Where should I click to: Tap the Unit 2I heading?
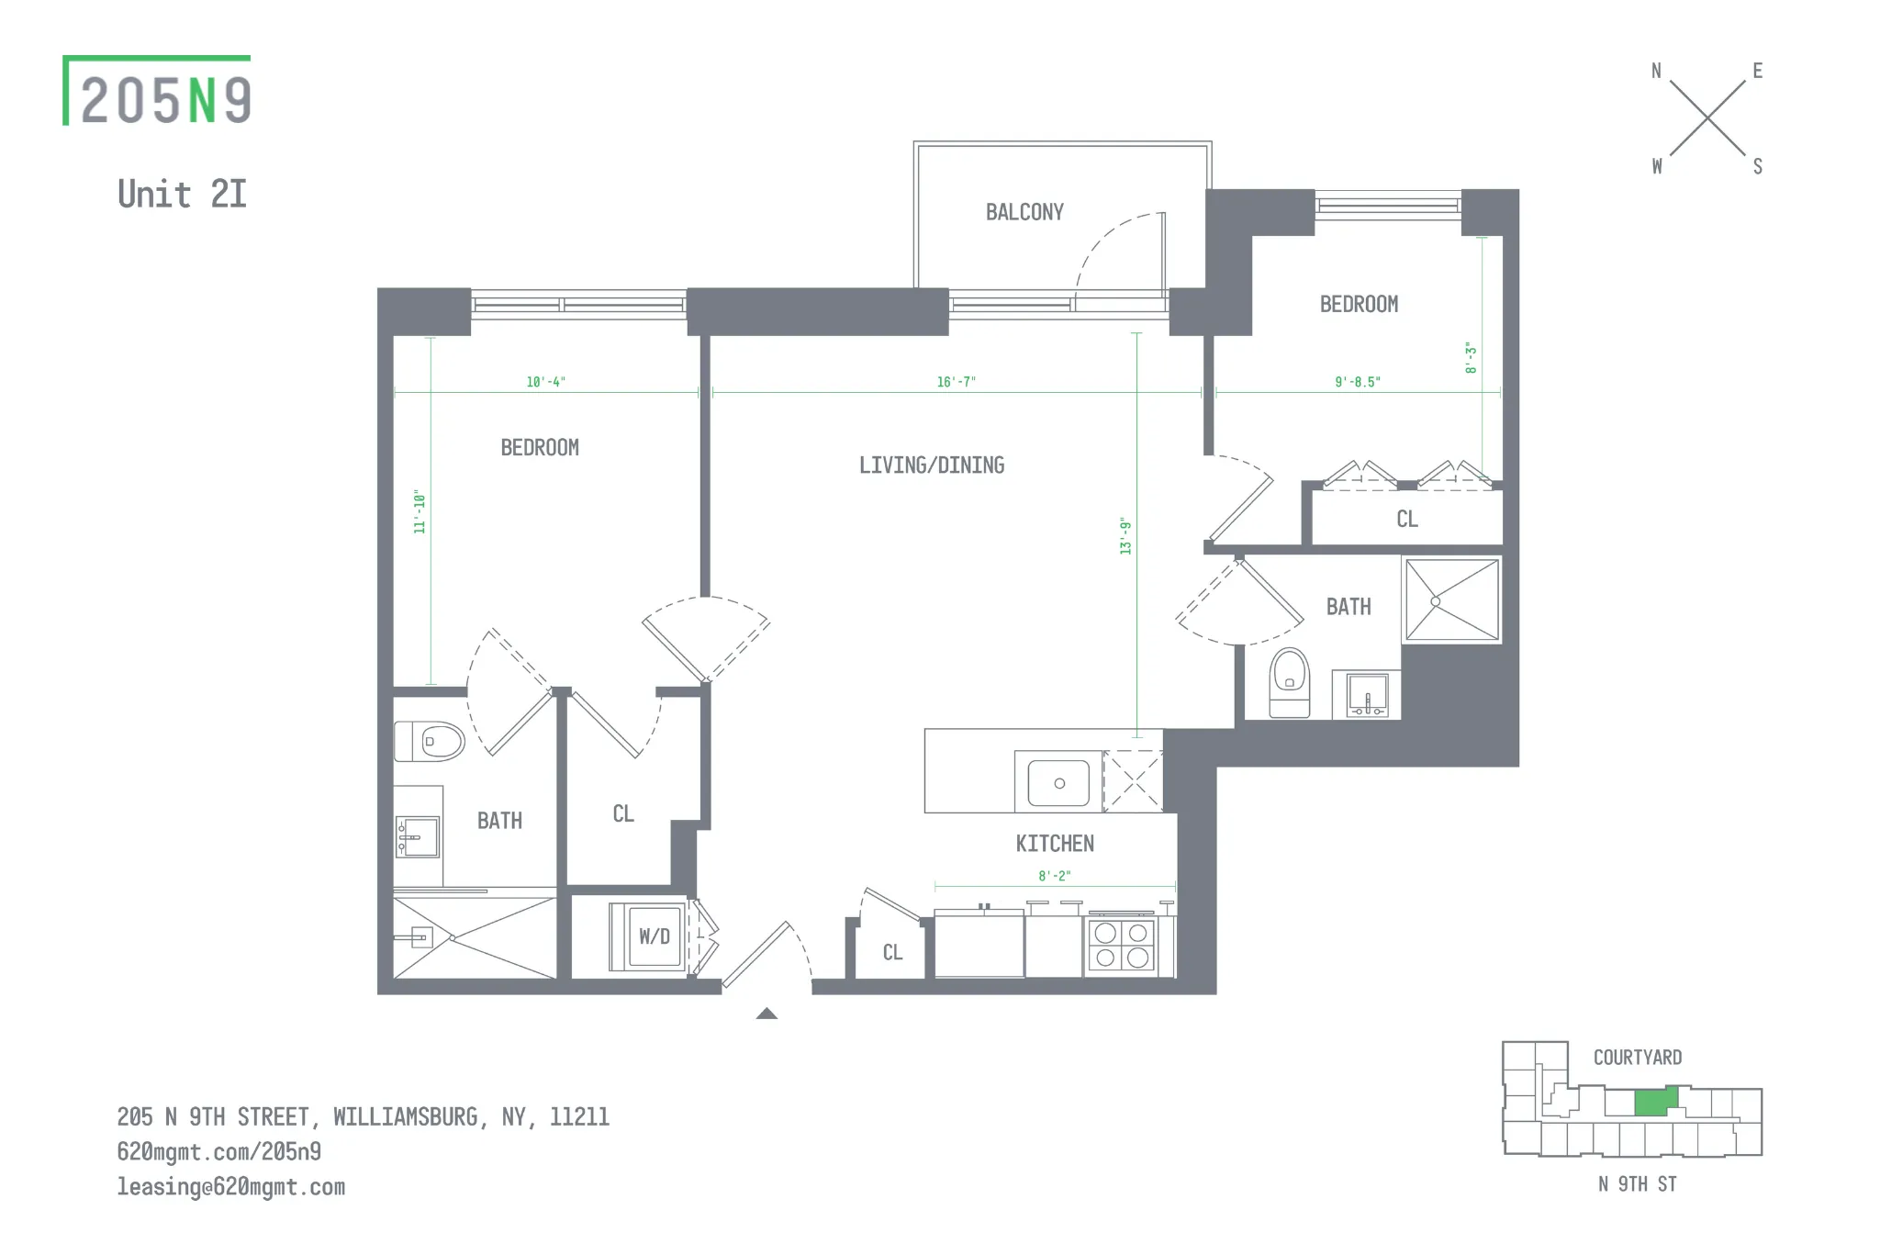[x=182, y=195]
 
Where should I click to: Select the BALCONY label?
[x=1024, y=212]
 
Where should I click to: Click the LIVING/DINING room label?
[x=931, y=465]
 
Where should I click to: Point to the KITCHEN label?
[x=1054, y=844]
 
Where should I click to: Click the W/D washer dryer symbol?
[x=654, y=936]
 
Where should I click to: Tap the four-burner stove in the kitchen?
[x=1121, y=946]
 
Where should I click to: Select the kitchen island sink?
[x=1058, y=783]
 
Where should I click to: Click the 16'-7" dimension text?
[x=956, y=382]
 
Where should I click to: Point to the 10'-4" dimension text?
[x=545, y=382]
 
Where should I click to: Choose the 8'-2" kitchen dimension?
[x=1054, y=876]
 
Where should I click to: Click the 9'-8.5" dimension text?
[x=1357, y=382]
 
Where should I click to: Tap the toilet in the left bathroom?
[x=431, y=741]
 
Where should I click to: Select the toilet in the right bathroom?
[x=1289, y=682]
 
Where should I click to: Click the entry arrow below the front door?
[x=767, y=1014]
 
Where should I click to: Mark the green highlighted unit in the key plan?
[x=1655, y=1102]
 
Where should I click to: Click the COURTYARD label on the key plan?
[x=1637, y=1058]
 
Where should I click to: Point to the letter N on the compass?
[x=1656, y=71]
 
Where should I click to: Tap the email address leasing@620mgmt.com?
[x=230, y=1187]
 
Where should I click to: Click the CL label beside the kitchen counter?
[x=892, y=953]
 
